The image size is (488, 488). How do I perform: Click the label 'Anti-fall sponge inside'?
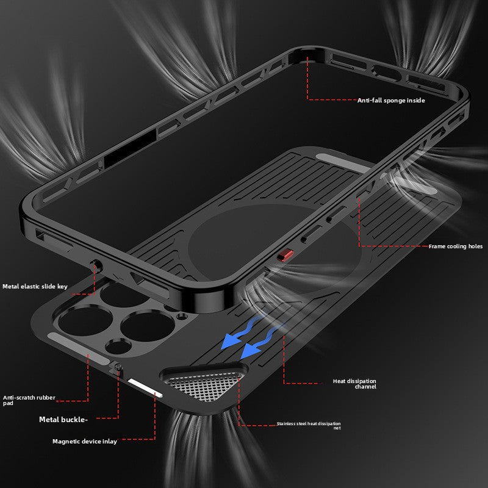(x=391, y=100)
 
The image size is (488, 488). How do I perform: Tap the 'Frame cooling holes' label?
(x=455, y=246)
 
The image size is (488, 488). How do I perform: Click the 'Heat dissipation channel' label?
(x=354, y=384)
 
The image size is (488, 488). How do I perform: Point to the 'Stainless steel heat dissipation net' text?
(x=308, y=425)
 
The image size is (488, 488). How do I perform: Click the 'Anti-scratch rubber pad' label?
(x=29, y=400)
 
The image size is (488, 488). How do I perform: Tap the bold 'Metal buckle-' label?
(x=63, y=419)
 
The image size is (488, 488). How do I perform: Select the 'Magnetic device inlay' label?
(x=84, y=441)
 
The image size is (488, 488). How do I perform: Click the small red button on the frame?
(x=282, y=256)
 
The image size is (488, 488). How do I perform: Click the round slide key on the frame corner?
(x=95, y=266)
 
